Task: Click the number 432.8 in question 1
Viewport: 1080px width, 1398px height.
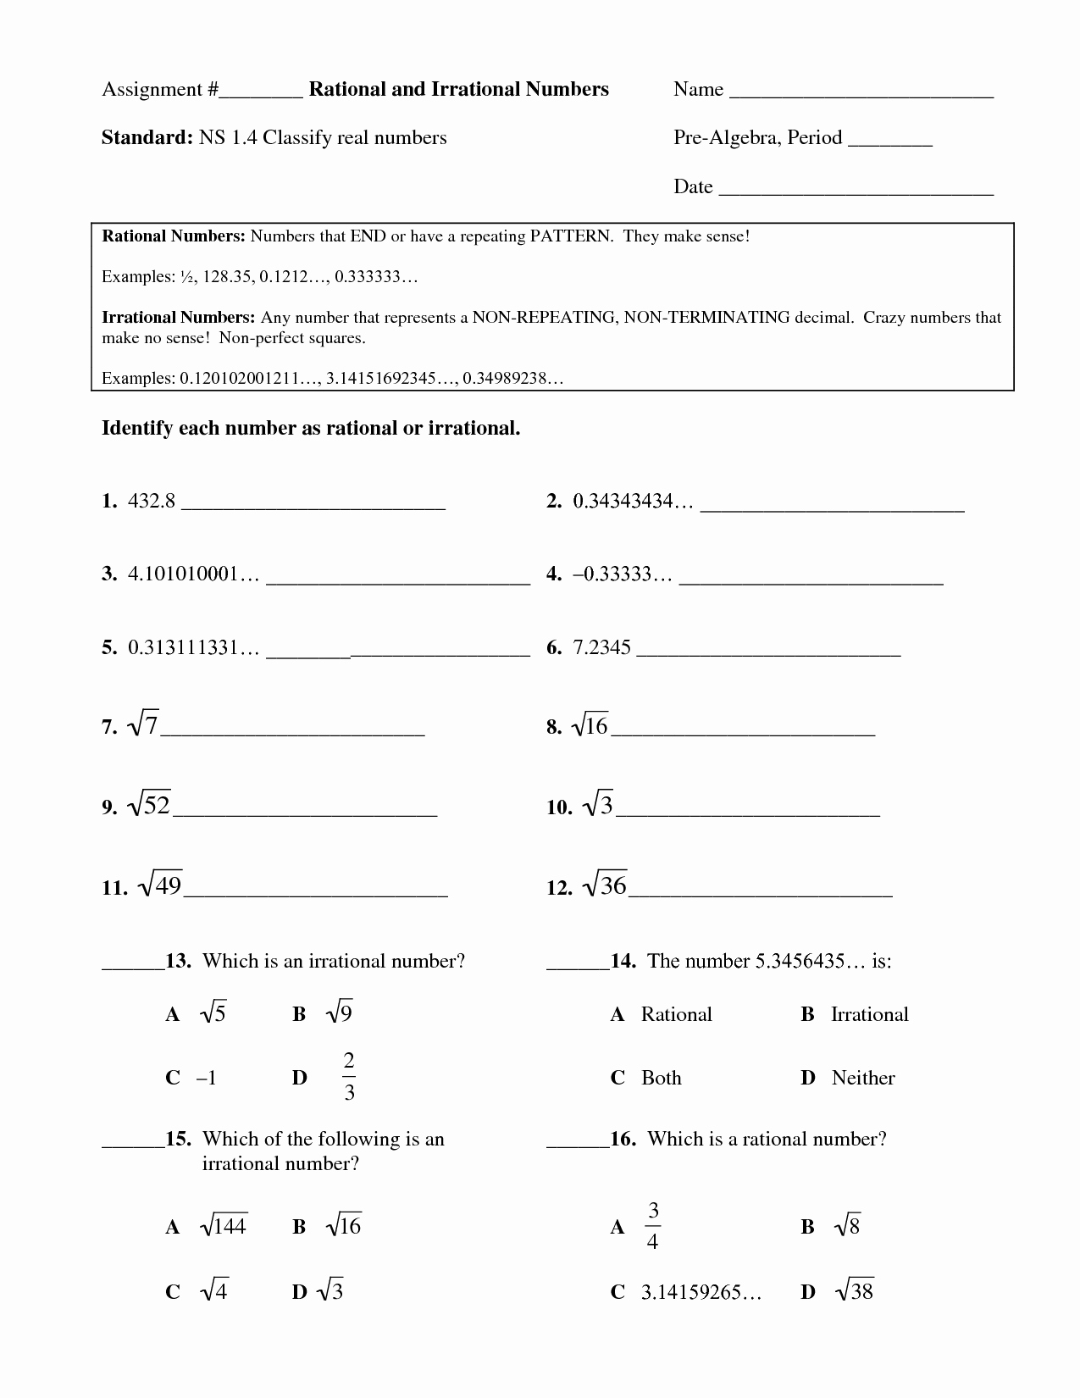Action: (151, 501)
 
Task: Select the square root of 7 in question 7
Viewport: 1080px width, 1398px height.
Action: (142, 725)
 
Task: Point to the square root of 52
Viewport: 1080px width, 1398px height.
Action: (149, 804)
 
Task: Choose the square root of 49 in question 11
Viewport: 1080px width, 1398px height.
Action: (158, 885)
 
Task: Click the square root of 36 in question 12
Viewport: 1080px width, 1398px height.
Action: (605, 885)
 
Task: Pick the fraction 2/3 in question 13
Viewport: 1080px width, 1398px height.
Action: (348, 1077)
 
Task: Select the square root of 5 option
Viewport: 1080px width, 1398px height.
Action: (213, 1013)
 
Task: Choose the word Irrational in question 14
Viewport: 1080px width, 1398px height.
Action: (869, 1014)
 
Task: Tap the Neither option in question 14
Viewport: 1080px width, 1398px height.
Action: (863, 1078)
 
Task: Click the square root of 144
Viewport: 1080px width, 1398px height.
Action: (223, 1226)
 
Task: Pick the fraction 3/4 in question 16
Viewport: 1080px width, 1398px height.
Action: (652, 1226)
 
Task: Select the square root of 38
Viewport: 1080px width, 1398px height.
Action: (854, 1290)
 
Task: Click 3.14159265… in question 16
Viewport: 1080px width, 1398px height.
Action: (701, 1292)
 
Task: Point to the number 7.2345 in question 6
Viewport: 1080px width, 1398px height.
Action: (601, 648)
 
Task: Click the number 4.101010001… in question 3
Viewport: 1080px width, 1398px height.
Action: (192, 574)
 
